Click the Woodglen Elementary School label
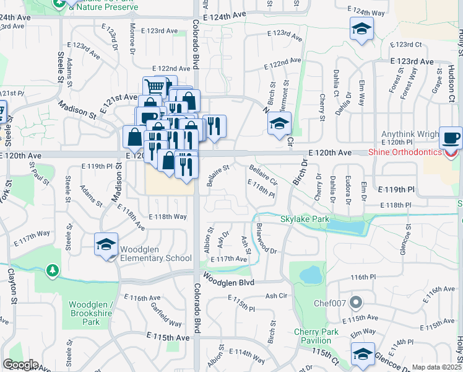(x=155, y=254)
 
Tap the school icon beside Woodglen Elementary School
(x=106, y=245)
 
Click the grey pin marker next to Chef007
(x=355, y=303)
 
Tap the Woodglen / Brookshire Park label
(x=91, y=313)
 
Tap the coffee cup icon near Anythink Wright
(x=451, y=137)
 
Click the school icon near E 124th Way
(x=361, y=29)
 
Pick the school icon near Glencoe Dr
(x=362, y=353)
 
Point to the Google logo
(x=20, y=365)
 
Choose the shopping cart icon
(x=155, y=87)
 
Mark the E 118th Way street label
(x=168, y=216)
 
